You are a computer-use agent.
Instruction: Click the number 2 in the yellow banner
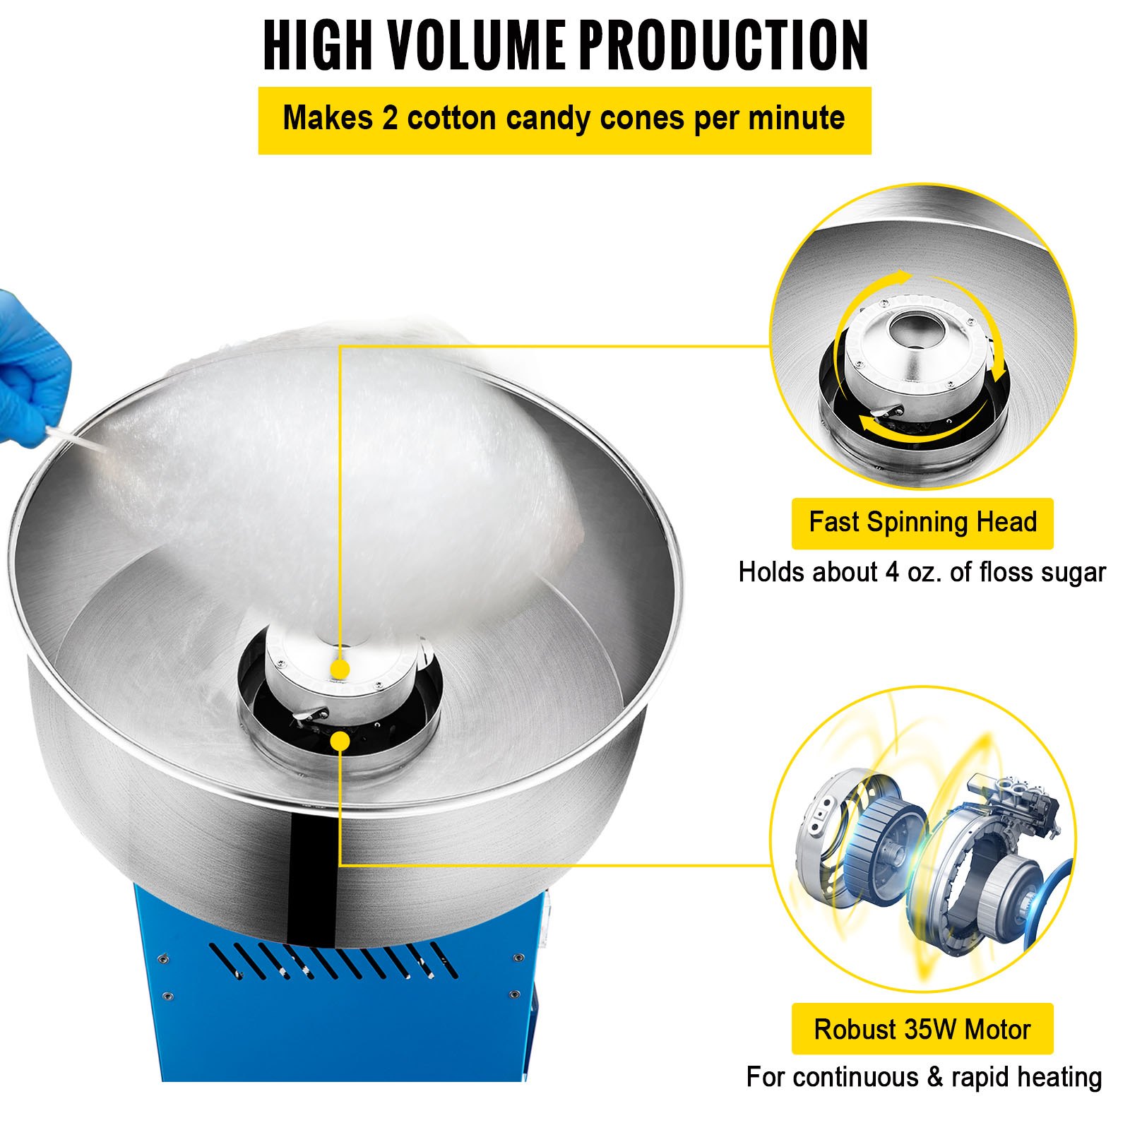point(390,118)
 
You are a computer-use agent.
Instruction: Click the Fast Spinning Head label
point(922,523)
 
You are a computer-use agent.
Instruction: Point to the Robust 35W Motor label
point(922,1029)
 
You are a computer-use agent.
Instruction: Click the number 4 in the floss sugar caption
point(893,572)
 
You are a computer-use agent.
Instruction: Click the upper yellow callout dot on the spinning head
point(340,669)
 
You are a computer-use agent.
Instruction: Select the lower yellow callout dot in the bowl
point(340,741)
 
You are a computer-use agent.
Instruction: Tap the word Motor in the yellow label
point(998,1030)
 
